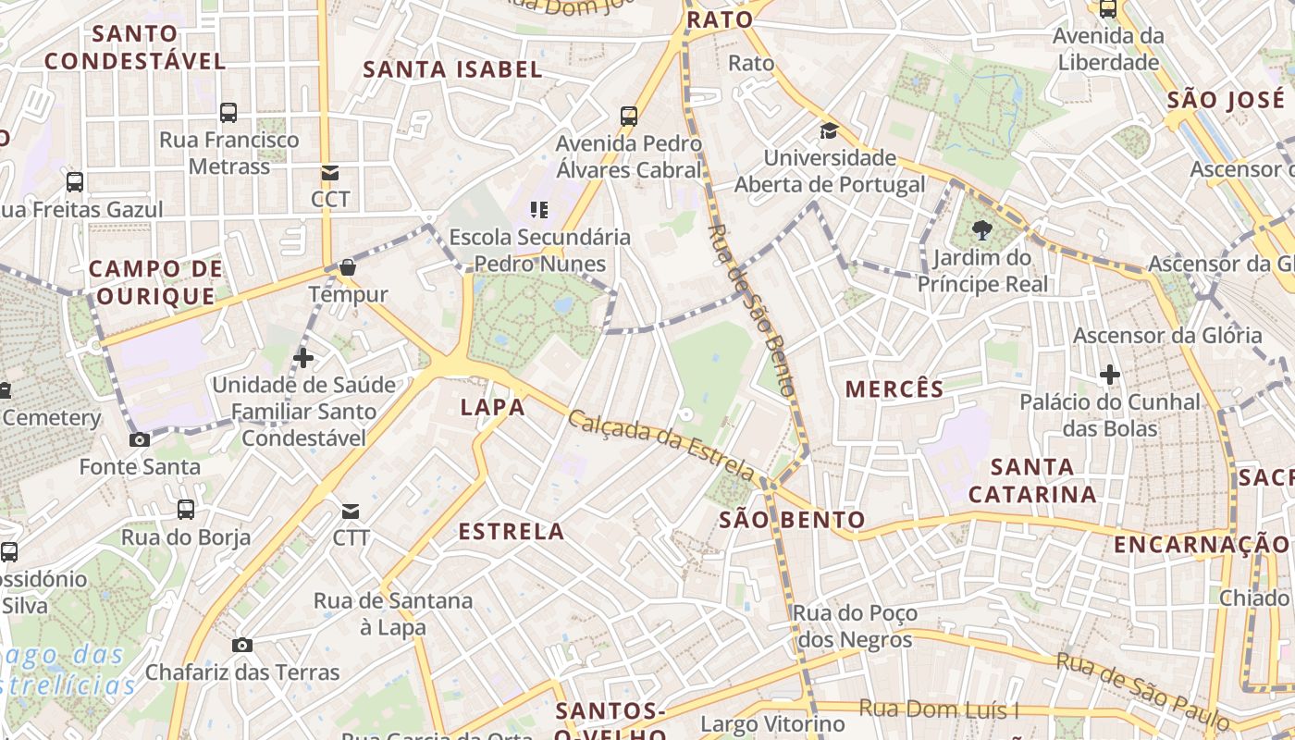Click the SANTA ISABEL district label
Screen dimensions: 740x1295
point(452,69)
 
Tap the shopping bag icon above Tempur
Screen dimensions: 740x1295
point(348,268)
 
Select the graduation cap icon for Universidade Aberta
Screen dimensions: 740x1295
point(829,130)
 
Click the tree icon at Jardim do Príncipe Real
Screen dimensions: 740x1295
point(982,230)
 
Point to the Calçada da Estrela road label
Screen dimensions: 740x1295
point(663,444)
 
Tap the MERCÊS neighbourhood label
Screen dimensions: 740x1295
point(894,389)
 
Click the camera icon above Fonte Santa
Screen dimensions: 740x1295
point(140,439)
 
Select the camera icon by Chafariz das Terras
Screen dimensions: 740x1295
point(242,645)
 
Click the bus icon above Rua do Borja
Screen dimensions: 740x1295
point(186,510)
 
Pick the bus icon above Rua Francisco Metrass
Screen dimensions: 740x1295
point(228,113)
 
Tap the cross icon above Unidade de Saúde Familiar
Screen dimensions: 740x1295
point(303,358)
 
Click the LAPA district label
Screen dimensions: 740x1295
point(493,408)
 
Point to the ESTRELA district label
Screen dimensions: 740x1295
point(512,532)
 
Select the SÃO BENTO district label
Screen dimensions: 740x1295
point(793,520)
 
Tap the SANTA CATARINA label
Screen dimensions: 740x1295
point(1032,480)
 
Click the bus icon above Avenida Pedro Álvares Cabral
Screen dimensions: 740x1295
point(629,117)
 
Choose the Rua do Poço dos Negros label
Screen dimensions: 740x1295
point(854,626)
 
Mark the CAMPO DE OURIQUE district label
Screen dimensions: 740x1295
point(155,282)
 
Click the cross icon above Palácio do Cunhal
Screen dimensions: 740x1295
point(1110,375)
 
